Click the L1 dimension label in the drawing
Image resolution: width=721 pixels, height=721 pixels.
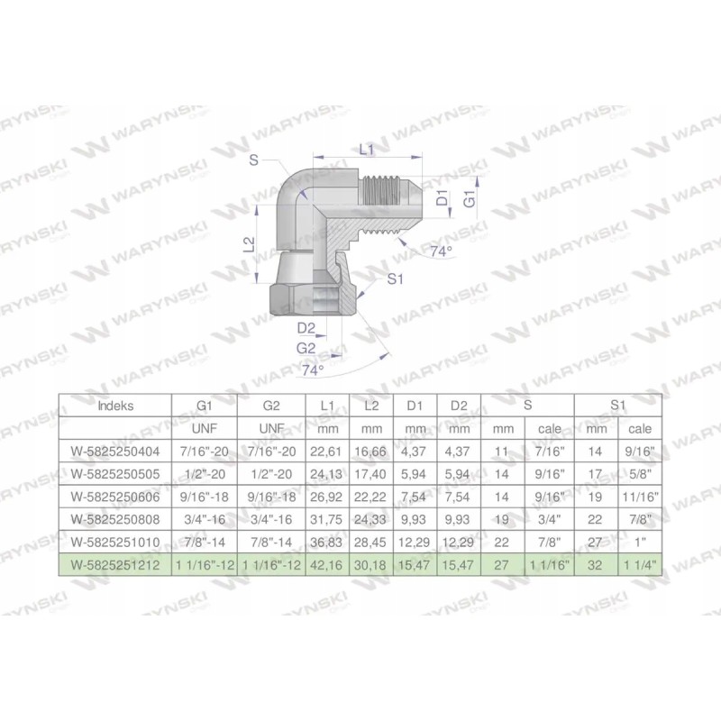point(366,150)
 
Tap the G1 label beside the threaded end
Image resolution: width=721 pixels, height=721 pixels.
point(470,199)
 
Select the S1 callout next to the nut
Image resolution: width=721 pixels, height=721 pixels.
point(394,280)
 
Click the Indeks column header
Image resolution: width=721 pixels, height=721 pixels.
point(115,406)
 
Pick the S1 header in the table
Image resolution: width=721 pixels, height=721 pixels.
point(616,406)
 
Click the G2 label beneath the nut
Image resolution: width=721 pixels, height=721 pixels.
point(306,348)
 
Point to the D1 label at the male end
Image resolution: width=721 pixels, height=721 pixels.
point(442,199)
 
